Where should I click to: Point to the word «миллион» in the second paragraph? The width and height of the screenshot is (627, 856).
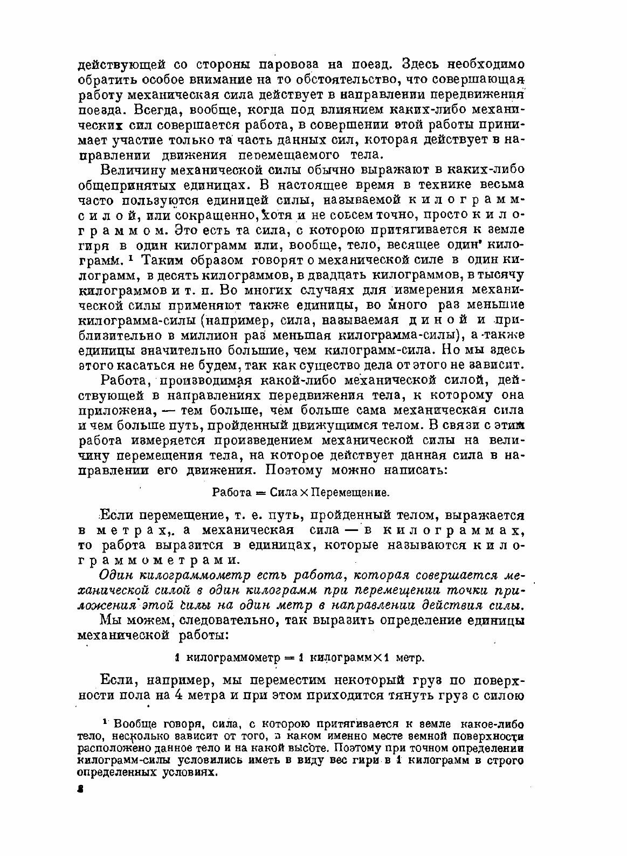click(x=212, y=335)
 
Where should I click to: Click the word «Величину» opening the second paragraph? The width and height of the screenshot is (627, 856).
click(x=133, y=170)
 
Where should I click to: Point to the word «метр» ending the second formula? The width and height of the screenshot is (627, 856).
click(x=411, y=658)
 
